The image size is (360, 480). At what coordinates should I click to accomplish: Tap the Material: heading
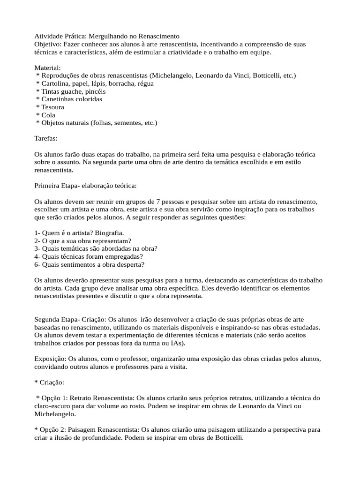click(x=47, y=68)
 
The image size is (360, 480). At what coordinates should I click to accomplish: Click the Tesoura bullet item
click(x=53, y=107)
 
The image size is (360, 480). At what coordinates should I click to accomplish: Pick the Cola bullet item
click(x=48, y=115)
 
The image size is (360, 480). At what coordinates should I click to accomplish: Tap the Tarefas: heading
click(x=46, y=139)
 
